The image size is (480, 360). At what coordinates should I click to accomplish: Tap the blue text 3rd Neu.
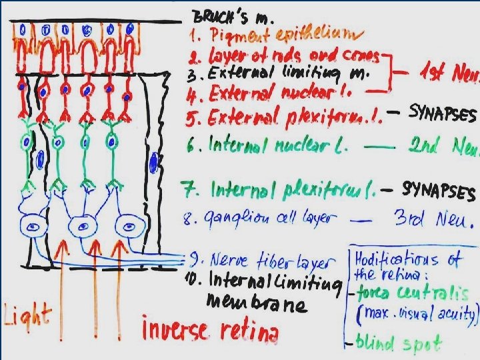coord(441,219)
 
